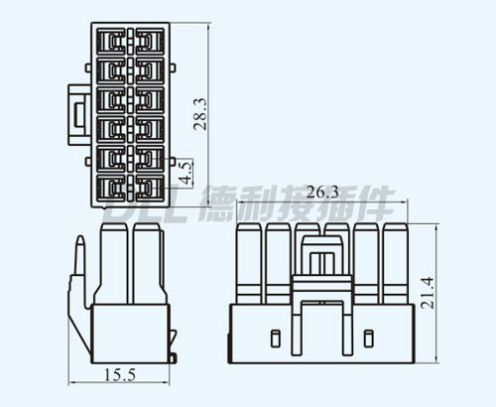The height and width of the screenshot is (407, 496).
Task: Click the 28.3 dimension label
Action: click(200, 113)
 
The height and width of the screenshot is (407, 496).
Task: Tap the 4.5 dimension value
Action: click(186, 173)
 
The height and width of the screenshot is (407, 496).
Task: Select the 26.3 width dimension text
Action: click(322, 192)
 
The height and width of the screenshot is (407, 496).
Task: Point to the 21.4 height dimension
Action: click(427, 293)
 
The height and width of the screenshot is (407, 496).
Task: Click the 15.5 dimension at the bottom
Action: click(120, 375)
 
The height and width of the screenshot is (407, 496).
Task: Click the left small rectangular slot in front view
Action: click(275, 339)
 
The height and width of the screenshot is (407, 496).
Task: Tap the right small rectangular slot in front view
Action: click(368, 339)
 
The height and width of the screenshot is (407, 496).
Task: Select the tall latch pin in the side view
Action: click(80, 256)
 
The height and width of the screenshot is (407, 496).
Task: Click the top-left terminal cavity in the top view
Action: click(111, 42)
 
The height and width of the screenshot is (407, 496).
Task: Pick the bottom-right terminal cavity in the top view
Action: click(150, 188)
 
